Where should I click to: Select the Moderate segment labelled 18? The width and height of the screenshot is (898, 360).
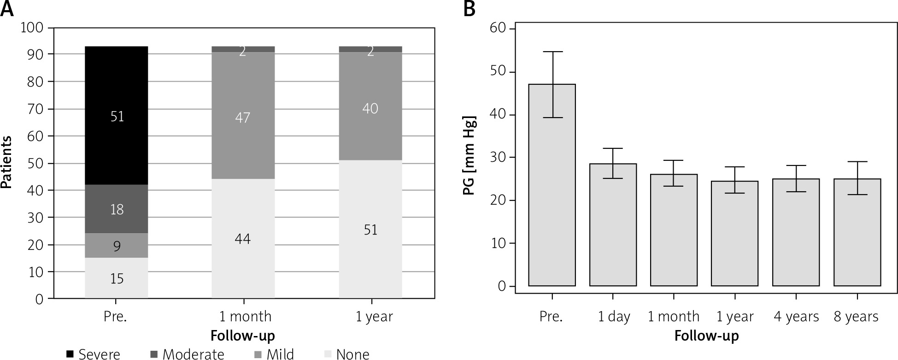click(x=117, y=209)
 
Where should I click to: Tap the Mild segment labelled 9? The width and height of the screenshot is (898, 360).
click(x=117, y=246)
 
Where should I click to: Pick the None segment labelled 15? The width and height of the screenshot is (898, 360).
click(x=117, y=278)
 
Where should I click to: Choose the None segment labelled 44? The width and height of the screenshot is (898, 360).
click(x=243, y=238)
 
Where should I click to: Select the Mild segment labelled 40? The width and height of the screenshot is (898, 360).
click(x=370, y=108)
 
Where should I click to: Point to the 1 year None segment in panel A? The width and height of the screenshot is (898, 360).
click(x=370, y=229)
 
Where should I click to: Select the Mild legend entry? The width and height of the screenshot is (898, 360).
click(x=274, y=354)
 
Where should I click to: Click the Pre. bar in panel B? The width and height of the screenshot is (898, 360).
click(x=552, y=184)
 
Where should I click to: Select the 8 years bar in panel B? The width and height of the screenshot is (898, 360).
click(x=857, y=232)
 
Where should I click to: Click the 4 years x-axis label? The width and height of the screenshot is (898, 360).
click(x=796, y=317)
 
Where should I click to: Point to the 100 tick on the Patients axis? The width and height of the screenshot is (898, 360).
click(x=32, y=28)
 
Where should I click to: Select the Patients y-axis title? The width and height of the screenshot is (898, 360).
click(x=6, y=163)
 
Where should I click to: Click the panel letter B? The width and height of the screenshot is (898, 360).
click(x=469, y=9)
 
